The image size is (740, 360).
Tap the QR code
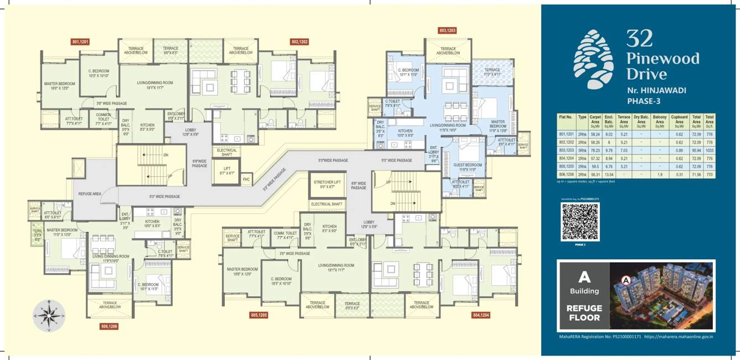point(580,222)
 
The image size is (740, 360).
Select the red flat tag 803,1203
point(446,31)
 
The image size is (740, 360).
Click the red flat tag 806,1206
point(109,326)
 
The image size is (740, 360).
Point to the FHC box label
point(246,179)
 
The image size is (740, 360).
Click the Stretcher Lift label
point(327,184)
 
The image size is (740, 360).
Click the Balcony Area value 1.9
point(660,174)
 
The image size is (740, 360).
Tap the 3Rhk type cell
point(582,150)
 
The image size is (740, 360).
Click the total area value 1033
point(710,150)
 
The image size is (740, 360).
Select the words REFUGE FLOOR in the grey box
point(583,313)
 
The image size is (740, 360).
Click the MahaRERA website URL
point(679,336)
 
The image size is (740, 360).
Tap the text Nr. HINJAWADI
point(657,90)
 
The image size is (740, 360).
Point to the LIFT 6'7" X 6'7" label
point(227,171)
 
